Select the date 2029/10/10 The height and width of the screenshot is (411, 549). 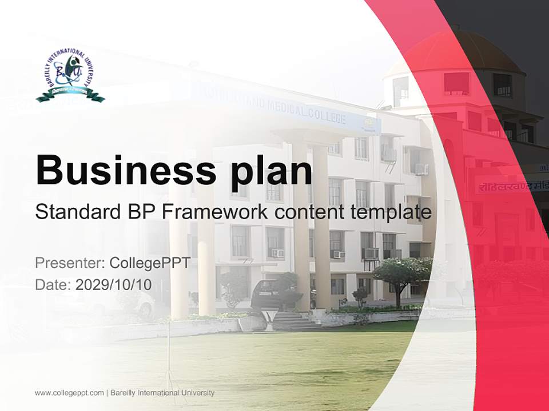click(114, 284)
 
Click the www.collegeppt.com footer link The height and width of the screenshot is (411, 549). click(69, 393)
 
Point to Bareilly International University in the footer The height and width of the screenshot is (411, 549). click(162, 393)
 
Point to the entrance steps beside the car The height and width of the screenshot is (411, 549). click(288, 320)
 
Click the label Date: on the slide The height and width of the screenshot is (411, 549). click(53, 284)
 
